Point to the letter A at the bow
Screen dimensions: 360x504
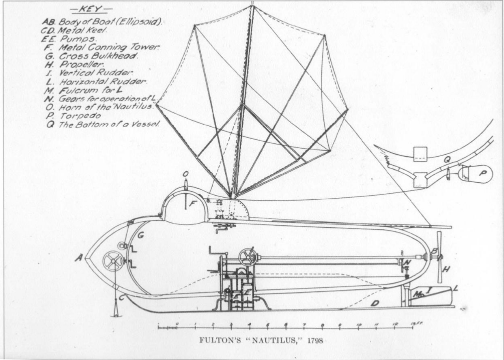(x=78, y=258)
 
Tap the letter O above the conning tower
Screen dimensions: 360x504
(x=185, y=174)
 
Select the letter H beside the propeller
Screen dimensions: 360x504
(x=446, y=269)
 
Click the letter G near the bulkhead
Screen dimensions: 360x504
(x=141, y=234)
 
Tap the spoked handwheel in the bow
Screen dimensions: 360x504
(x=113, y=261)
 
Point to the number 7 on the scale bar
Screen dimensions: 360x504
(x=304, y=324)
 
